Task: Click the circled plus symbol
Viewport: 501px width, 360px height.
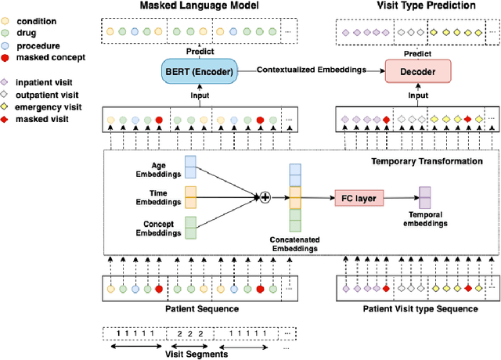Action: point(265,197)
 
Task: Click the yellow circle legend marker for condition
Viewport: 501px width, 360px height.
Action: point(7,20)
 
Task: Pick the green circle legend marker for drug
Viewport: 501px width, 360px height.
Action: point(7,33)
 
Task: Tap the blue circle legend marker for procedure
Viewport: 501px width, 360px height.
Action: point(7,45)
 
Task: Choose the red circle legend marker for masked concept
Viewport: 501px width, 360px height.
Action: point(7,58)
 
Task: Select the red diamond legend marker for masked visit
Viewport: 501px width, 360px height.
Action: point(7,119)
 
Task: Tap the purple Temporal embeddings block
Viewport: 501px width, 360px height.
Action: point(424,197)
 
